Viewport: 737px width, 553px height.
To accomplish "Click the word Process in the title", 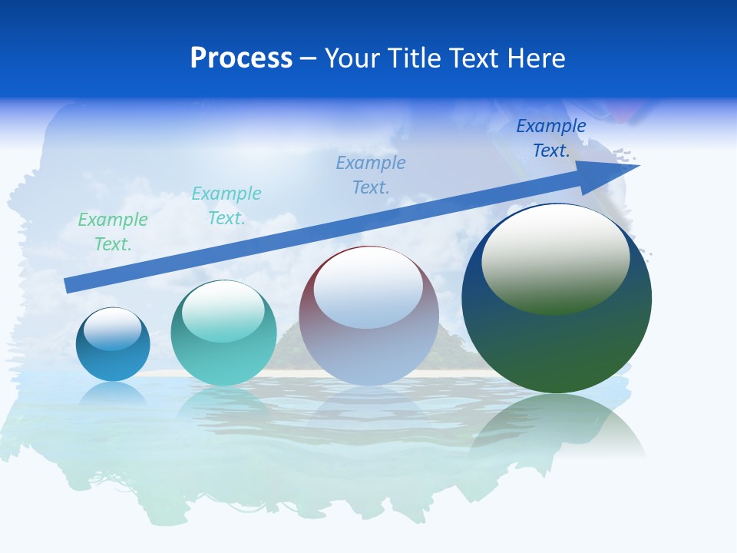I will tap(241, 58).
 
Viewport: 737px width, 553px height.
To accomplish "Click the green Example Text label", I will tap(113, 232).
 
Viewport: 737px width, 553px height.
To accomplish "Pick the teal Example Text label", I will tap(226, 206).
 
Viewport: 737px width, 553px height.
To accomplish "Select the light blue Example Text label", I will tap(371, 175).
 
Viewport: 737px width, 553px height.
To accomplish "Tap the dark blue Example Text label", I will tap(551, 138).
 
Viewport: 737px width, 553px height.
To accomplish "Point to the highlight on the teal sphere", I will tap(223, 312).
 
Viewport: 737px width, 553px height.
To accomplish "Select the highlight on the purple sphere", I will tap(368, 289).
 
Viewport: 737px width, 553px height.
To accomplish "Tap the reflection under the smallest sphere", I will tap(113, 393).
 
